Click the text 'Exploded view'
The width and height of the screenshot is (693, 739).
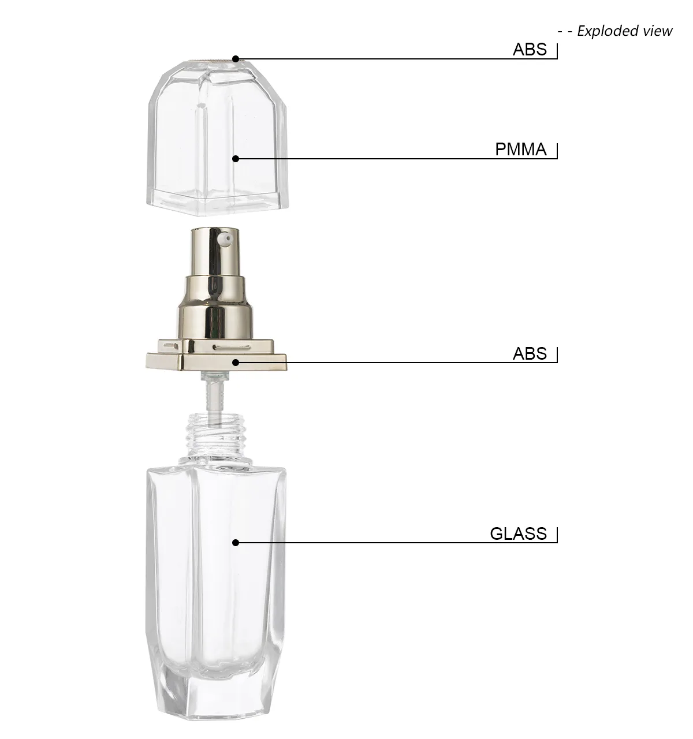[x=625, y=31]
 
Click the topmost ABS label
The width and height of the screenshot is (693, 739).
[x=530, y=50]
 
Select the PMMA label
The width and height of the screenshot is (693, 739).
[x=520, y=150]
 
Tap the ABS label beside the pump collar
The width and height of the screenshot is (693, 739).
[x=530, y=353]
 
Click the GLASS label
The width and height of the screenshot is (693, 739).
[x=518, y=533]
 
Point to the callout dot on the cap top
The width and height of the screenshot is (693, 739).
[x=235, y=58]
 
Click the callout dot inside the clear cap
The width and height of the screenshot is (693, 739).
[x=235, y=158]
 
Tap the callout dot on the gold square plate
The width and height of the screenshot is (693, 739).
[x=235, y=363]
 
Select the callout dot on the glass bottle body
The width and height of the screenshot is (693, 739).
[x=235, y=542]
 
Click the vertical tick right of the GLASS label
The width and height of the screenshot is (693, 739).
[x=557, y=535]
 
